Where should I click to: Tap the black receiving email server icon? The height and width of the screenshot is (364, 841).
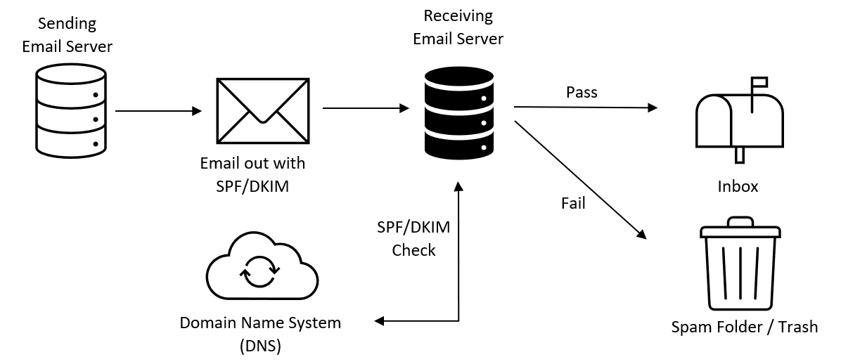coord(458,111)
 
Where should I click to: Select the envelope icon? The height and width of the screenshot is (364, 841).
coord(262,111)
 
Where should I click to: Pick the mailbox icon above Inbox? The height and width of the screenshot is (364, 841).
coord(740,119)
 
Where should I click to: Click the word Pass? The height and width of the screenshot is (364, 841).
coord(582,92)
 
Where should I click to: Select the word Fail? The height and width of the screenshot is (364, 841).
coord(573,203)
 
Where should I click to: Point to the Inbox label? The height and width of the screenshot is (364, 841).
coord(738,186)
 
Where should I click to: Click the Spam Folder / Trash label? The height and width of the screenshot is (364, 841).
coord(745,327)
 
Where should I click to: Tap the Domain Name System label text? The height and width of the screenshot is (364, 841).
coord(260,323)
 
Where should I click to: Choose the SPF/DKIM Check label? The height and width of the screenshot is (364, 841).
coord(413,238)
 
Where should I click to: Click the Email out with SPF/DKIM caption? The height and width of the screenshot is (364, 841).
coord(252,174)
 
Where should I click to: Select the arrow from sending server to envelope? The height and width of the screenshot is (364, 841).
coord(158,111)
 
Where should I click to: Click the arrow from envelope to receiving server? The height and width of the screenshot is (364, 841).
coord(366,108)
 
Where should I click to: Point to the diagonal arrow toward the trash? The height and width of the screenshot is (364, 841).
coord(580,180)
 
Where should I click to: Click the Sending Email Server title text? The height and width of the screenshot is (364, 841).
coord(67,35)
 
